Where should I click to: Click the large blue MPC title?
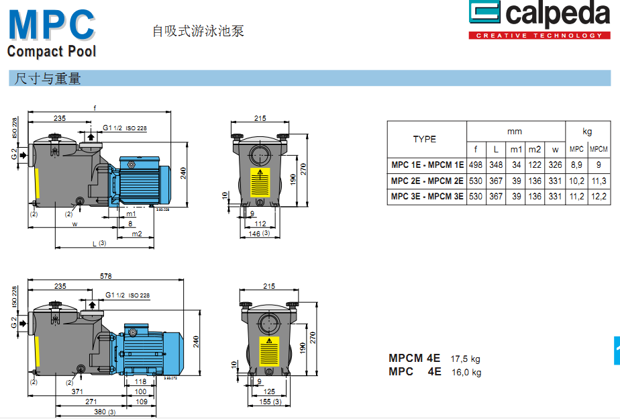(51, 24)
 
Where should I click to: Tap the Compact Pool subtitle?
(52, 51)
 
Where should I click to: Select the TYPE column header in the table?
(424, 139)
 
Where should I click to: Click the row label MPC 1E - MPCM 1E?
(427, 165)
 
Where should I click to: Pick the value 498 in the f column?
(476, 165)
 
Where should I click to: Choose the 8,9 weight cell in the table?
(576, 165)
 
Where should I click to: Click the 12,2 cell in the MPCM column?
(599, 197)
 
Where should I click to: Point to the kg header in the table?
(587, 132)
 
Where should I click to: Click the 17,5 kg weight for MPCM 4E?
(465, 359)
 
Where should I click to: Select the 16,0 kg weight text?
(466, 372)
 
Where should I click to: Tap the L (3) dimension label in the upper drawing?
(99, 242)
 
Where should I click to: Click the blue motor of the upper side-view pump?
(141, 179)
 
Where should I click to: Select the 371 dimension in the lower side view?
(78, 391)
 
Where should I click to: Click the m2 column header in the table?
(534, 149)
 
